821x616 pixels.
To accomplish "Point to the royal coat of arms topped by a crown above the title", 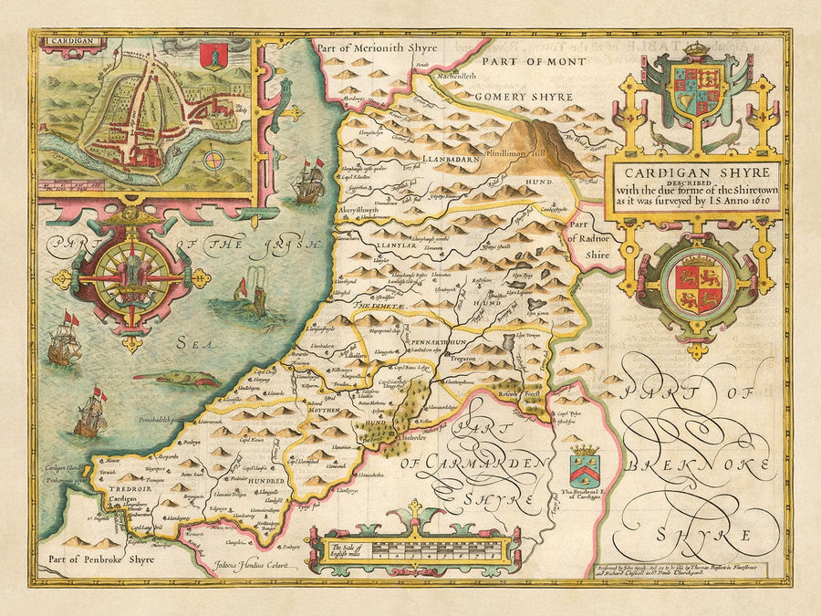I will [x=696, y=92].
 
